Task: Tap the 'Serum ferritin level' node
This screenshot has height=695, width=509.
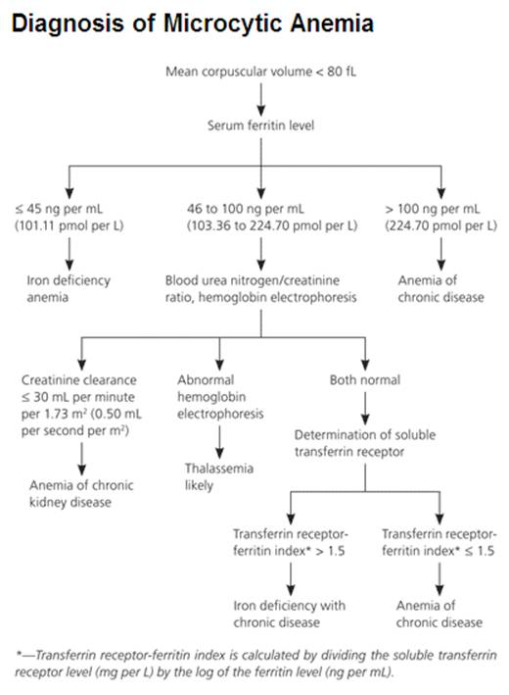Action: tap(261, 125)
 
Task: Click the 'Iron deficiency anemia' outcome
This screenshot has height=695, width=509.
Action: tap(68, 288)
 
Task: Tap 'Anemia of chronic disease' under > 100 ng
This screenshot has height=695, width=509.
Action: tap(440, 288)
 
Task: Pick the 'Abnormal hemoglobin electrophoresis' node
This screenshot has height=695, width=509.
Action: tap(220, 396)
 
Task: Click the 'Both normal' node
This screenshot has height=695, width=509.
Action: tap(364, 379)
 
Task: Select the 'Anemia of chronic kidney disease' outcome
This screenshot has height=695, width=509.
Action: tap(81, 493)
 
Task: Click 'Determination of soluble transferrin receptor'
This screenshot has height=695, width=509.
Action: tap(363, 442)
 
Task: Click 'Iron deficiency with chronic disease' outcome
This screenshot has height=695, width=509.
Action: tap(289, 614)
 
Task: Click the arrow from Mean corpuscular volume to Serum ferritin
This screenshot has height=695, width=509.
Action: tap(261, 98)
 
